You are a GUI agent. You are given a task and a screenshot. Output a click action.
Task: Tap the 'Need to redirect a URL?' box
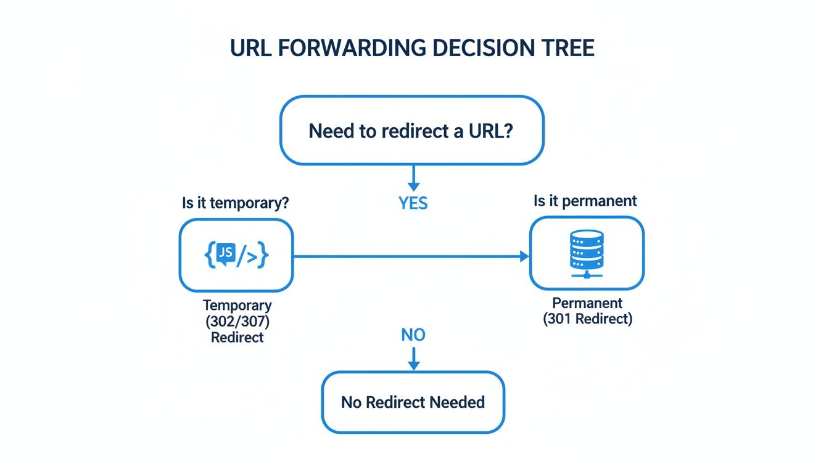click(x=412, y=131)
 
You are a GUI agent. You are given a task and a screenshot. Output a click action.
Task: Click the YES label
click(x=413, y=204)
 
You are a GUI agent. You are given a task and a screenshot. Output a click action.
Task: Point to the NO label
click(x=413, y=335)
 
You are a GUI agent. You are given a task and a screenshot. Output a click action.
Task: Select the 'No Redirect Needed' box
click(x=413, y=402)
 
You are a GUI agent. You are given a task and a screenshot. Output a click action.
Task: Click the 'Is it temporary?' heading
click(x=236, y=203)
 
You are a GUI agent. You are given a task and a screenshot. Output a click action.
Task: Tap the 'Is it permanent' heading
click(x=585, y=201)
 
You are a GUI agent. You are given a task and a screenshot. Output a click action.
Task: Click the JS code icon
click(x=236, y=255)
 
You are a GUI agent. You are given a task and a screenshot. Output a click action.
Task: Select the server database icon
click(x=587, y=254)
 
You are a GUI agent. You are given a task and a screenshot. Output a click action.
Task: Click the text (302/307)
click(x=237, y=322)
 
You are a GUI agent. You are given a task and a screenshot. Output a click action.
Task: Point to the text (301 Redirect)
click(x=587, y=320)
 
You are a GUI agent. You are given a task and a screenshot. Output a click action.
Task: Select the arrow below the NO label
click(x=413, y=359)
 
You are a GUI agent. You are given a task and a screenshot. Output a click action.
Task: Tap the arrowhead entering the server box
click(x=524, y=256)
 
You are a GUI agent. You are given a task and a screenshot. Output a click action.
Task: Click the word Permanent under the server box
click(x=587, y=304)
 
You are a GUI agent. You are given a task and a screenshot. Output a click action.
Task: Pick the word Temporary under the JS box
click(x=237, y=306)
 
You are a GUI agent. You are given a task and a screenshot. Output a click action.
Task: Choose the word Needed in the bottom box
click(x=457, y=402)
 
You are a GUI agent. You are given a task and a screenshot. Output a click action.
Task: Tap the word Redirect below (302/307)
click(x=237, y=338)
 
